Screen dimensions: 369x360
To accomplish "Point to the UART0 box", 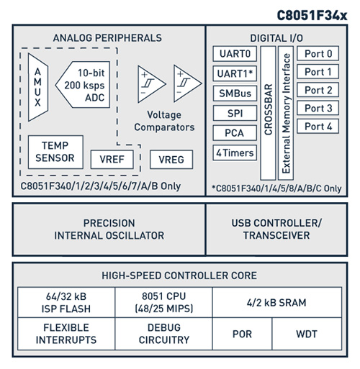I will coord(233,54).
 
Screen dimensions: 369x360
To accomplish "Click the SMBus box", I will coord(233,94).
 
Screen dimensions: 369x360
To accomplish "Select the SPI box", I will coord(233,113).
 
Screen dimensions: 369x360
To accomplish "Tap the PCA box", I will coord(233,133).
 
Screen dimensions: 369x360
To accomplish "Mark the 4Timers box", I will coord(233,152).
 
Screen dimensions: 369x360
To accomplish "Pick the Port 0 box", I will coord(318,54).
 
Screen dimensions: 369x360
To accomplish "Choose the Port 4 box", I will coord(318,126).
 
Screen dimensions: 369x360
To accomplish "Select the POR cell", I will coord(242,335).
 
